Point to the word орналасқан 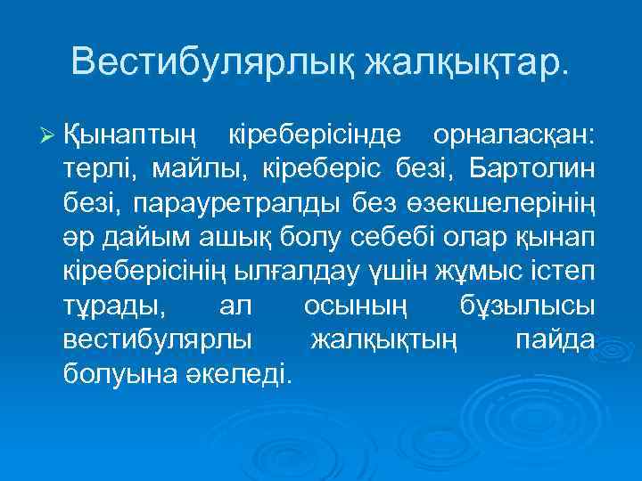point(515,135)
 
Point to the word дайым point(140,236)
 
